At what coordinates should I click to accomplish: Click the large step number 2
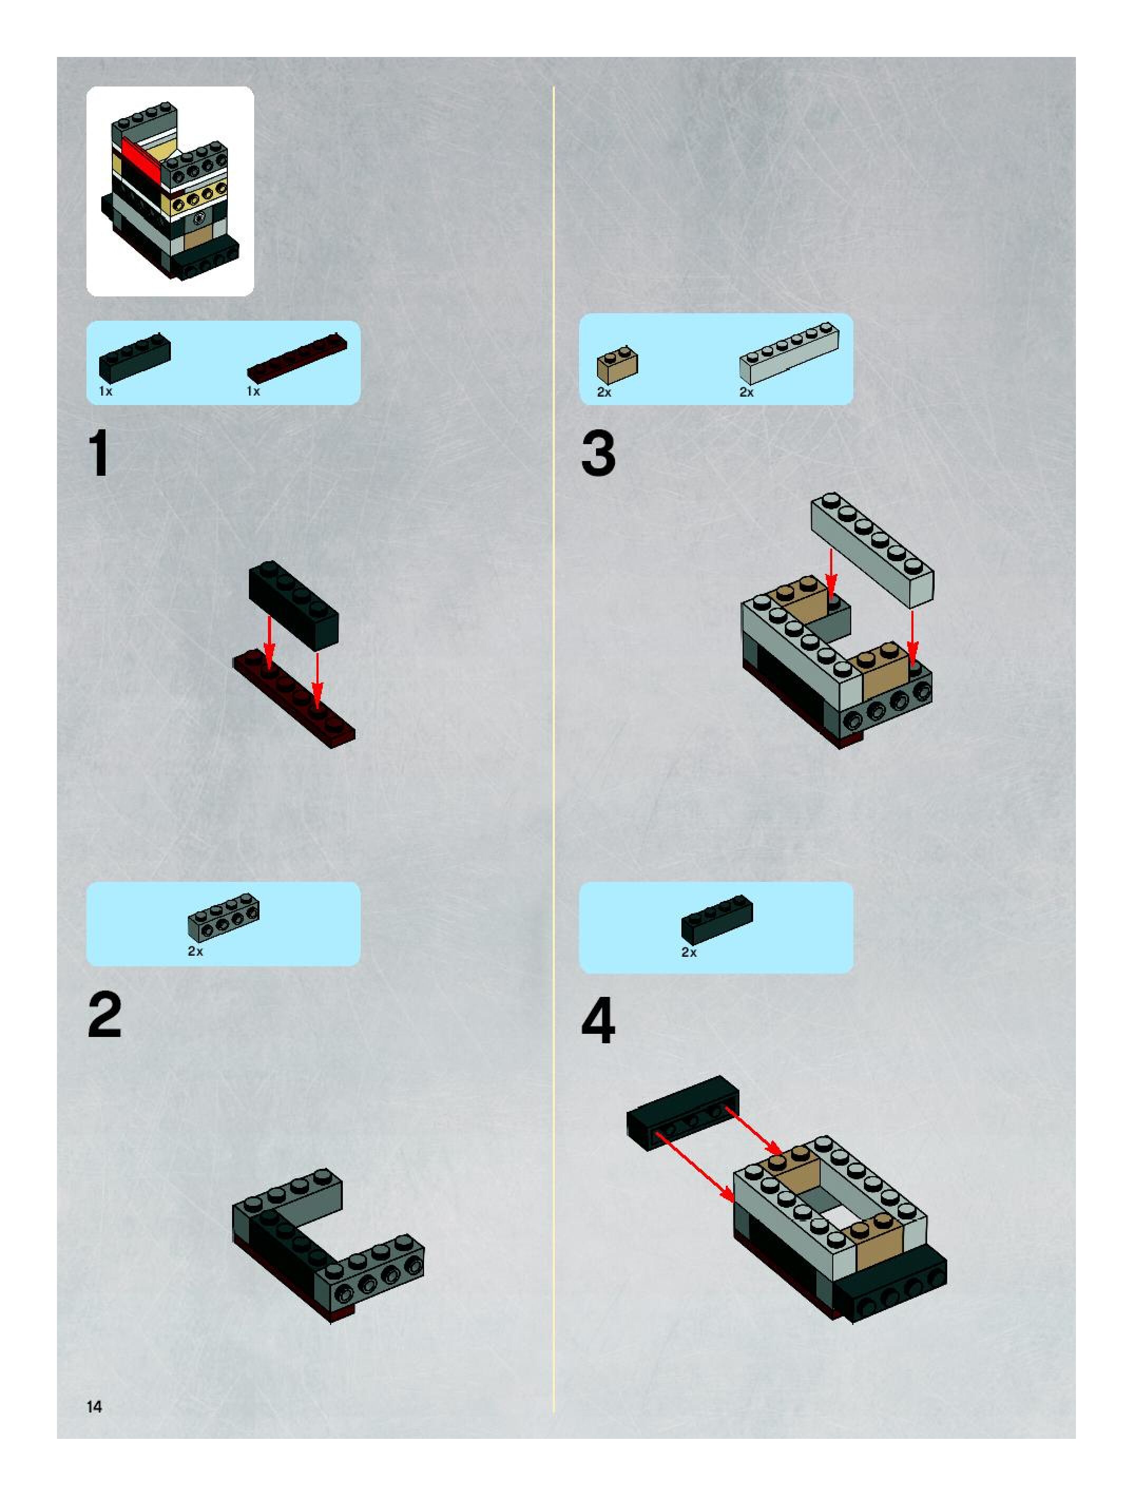pos(104,1015)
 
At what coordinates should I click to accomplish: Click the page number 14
pos(94,1407)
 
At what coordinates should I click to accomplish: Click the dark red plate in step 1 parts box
pos(297,357)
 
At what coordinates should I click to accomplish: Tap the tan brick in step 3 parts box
pos(617,364)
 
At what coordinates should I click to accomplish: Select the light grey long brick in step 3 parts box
pos(788,353)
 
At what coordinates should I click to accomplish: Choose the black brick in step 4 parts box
pos(717,919)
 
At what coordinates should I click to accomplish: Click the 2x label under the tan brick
pos(604,392)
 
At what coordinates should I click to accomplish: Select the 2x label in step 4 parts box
pos(688,953)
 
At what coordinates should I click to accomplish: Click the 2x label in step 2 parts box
pos(195,952)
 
